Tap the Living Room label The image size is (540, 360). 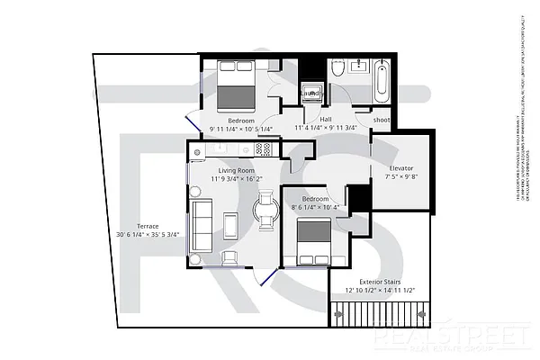(237, 169)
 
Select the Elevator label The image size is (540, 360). (401, 167)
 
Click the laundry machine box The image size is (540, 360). (310, 93)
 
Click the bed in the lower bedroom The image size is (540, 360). (314, 239)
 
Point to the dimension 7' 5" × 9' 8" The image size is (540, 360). (401, 177)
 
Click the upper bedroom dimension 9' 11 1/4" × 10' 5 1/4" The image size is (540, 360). (241, 130)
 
